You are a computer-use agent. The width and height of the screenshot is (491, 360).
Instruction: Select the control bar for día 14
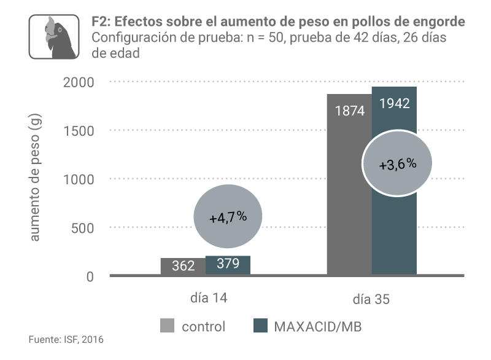182,266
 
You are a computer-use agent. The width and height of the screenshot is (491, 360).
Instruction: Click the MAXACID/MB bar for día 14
228,265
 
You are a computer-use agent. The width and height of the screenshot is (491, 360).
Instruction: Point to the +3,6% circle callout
398,164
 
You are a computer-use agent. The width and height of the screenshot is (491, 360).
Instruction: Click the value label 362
183,266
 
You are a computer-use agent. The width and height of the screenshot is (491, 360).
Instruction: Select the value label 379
228,265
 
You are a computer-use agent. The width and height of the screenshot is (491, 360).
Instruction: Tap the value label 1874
350,111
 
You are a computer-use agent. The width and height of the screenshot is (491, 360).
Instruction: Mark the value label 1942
395,103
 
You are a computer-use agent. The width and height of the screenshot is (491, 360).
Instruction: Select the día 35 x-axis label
371,299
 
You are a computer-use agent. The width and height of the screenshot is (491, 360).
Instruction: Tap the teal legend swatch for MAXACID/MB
260,326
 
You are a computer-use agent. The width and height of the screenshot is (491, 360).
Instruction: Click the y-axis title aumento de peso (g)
35,179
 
